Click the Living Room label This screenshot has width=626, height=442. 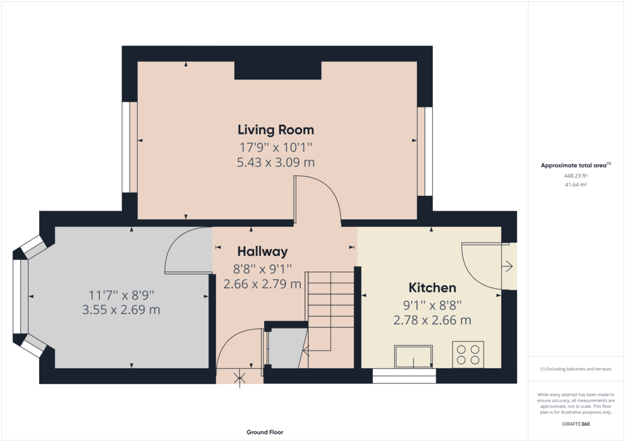click(x=276, y=129)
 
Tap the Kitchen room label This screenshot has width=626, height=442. click(x=432, y=288)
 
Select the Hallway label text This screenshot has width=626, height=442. click(x=262, y=251)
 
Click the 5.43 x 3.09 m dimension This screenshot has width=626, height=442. click(x=276, y=162)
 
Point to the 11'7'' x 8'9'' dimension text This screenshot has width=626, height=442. click(x=121, y=294)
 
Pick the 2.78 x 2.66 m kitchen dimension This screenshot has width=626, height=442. click(x=432, y=320)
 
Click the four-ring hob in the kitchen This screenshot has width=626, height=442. click(x=468, y=355)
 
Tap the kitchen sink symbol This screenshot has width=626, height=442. click(x=414, y=357)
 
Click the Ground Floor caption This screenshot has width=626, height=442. click(x=265, y=432)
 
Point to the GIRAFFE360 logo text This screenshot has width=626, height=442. click(x=576, y=424)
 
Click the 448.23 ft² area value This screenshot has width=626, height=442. click(x=575, y=176)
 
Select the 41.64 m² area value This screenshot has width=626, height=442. click(x=575, y=184)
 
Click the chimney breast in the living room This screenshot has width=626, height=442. click(x=278, y=70)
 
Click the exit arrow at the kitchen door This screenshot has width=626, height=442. click(x=508, y=266)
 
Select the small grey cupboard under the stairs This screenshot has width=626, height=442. click(x=285, y=348)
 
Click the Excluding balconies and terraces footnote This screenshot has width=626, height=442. click(x=575, y=369)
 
